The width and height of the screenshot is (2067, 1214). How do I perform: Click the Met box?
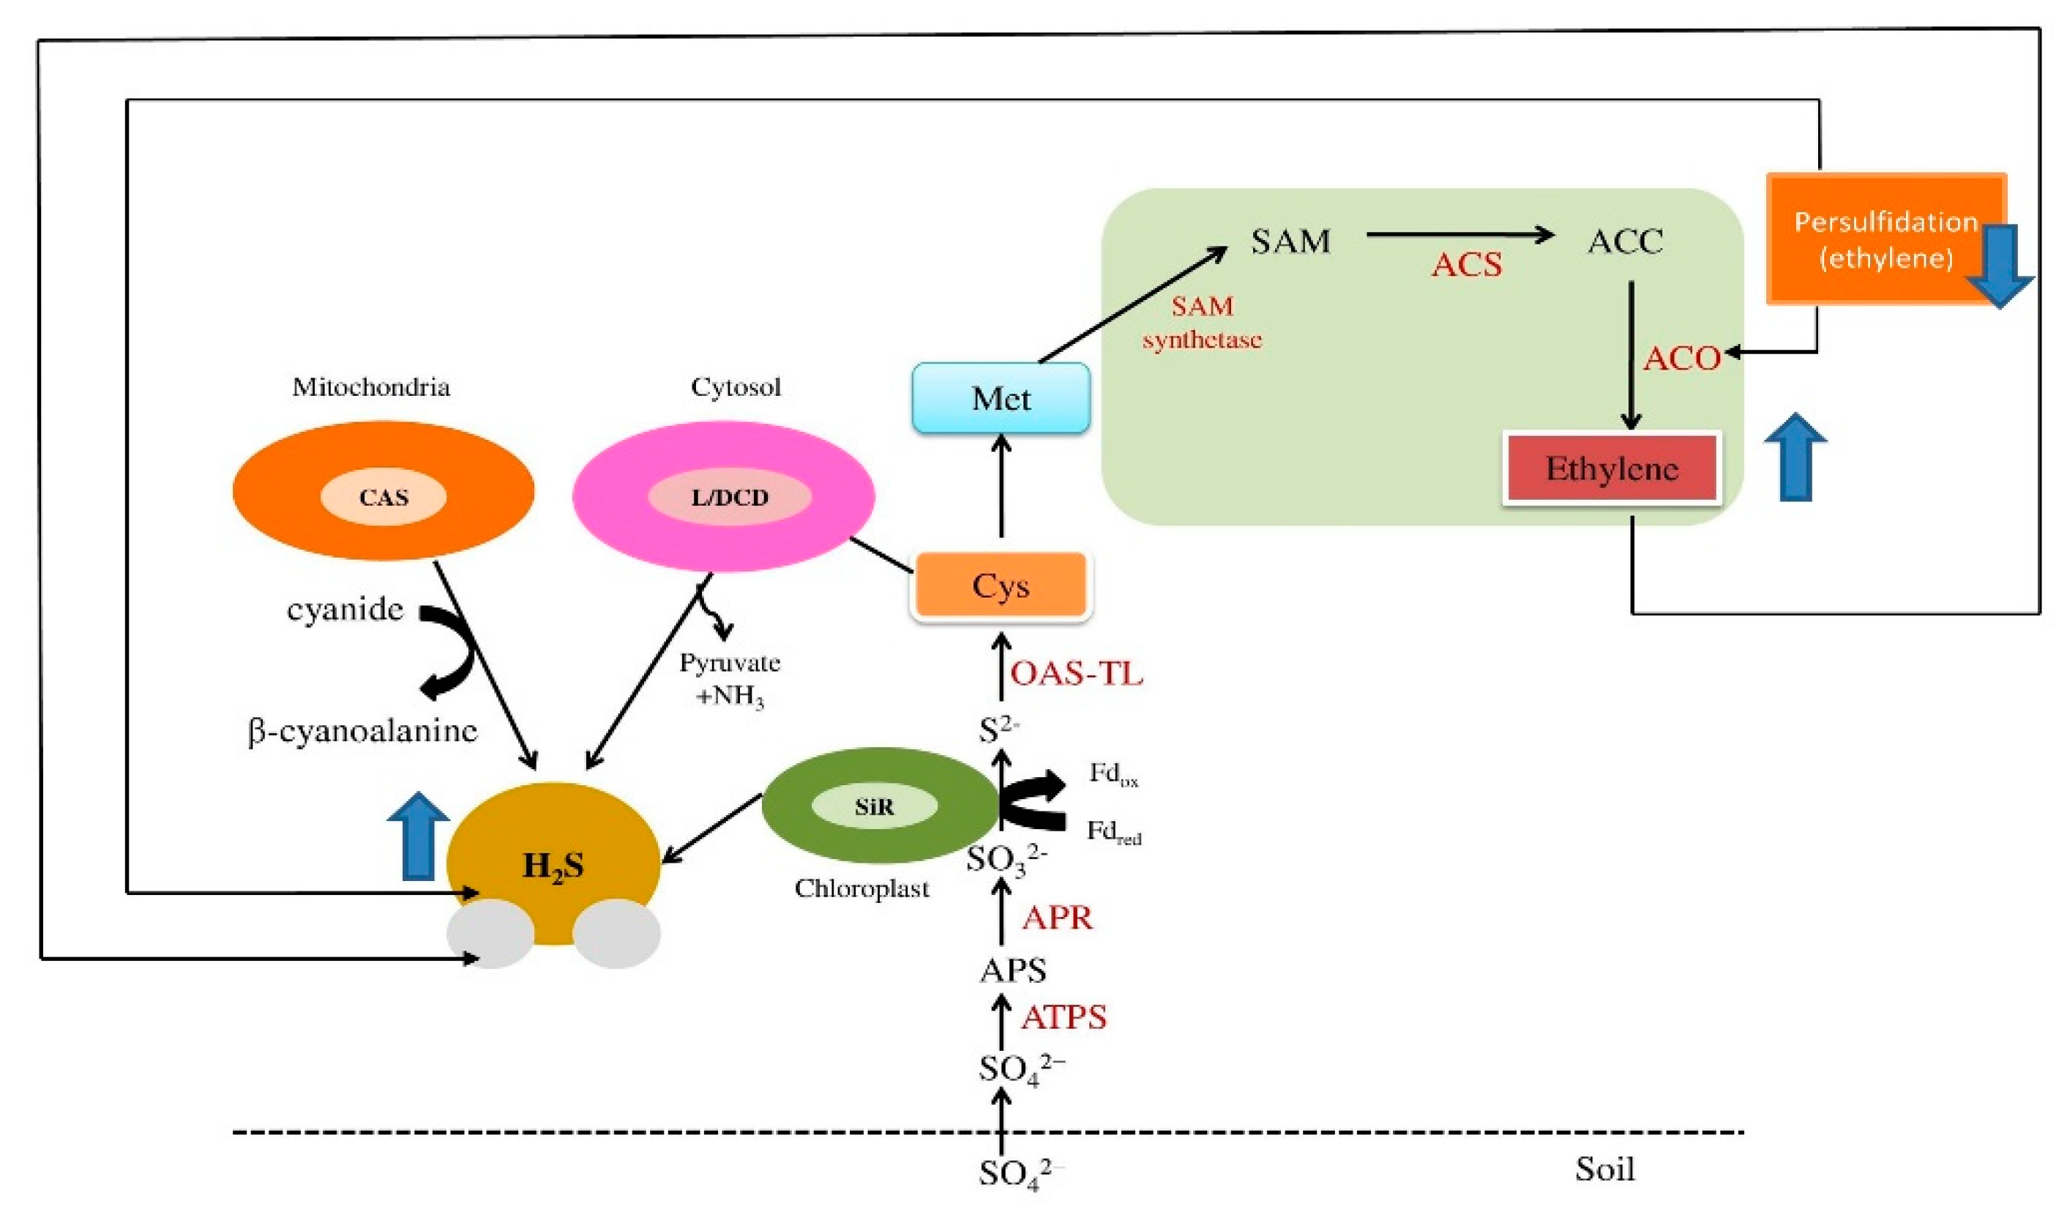(1001, 399)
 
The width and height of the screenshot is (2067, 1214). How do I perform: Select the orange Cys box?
(1001, 585)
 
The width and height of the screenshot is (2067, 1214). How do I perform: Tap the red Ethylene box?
(1611, 468)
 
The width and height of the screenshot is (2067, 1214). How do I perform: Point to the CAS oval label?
(383, 497)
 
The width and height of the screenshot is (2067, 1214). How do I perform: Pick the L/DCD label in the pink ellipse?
(729, 497)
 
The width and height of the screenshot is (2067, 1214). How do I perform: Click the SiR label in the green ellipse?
(873, 807)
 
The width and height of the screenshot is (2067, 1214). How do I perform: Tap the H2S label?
(553, 866)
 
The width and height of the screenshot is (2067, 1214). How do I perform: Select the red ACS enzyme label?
(1467, 265)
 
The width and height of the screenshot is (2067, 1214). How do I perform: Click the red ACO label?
(1681, 359)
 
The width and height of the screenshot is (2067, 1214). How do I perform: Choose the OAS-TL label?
(1076, 673)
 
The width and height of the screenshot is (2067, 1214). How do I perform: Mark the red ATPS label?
(1064, 1018)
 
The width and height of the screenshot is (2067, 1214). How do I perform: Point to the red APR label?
(1057, 918)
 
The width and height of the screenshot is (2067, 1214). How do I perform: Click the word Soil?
(1604, 1169)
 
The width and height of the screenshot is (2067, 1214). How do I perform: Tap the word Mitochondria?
(371, 386)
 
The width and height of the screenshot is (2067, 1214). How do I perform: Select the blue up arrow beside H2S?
(419, 836)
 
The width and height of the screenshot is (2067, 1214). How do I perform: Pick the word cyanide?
(345, 610)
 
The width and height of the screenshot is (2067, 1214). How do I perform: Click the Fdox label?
(1113, 774)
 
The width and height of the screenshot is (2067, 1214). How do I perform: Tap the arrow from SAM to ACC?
(1460, 236)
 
